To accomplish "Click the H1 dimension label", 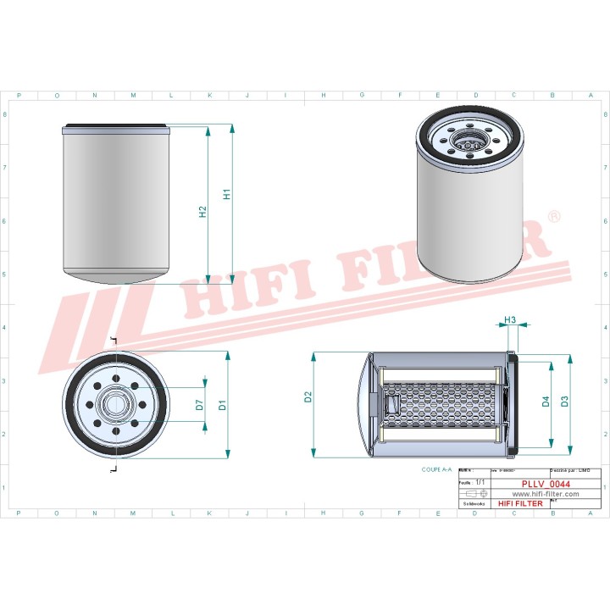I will (x=226, y=194).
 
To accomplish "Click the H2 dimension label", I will (x=203, y=212).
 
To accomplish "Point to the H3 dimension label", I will (x=510, y=319).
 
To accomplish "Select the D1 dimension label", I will (x=223, y=404).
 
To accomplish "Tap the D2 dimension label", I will (x=308, y=397).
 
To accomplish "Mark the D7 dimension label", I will (x=199, y=404).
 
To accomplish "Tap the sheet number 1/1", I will (x=480, y=481).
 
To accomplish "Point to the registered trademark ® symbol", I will (x=555, y=218).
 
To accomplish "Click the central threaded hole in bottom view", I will (x=116, y=404).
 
